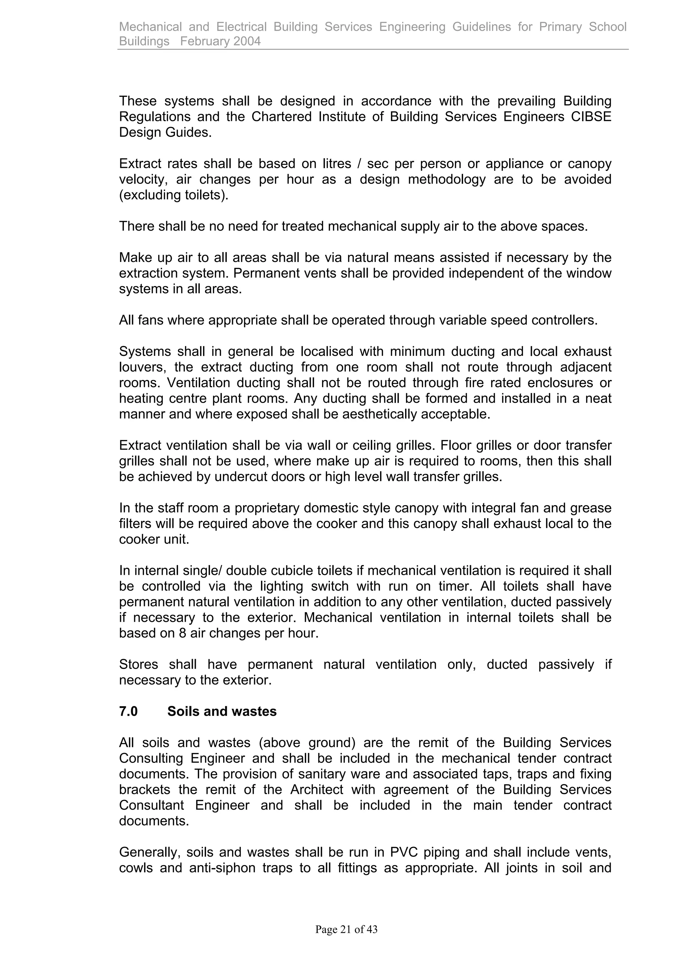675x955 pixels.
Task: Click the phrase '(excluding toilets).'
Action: point(174,195)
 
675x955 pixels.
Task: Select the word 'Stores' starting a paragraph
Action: point(138,664)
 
